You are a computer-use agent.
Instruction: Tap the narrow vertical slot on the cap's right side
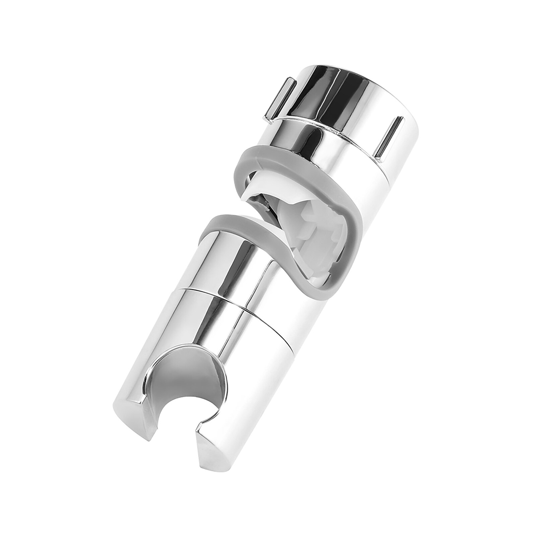tap(390, 137)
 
